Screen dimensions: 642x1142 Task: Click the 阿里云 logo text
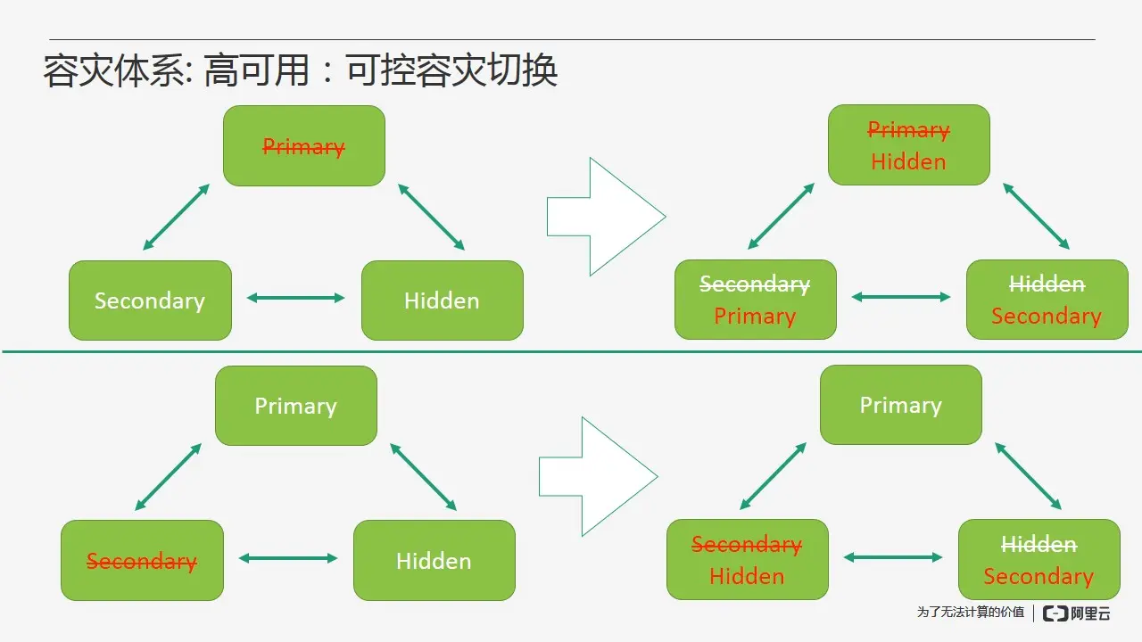pyautogui.click(x=1090, y=613)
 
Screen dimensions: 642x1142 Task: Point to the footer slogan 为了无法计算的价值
pyautogui.click(x=971, y=613)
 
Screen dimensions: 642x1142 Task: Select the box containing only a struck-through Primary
pyautogui.click(x=303, y=146)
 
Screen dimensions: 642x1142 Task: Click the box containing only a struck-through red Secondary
pyautogui.click(x=142, y=561)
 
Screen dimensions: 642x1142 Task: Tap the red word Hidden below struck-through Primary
pyautogui.click(x=908, y=161)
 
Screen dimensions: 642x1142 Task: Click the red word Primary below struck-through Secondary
pyautogui.click(x=755, y=317)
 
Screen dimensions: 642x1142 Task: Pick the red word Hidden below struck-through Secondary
pyautogui.click(x=747, y=576)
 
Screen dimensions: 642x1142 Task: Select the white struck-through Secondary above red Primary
pyautogui.click(x=755, y=284)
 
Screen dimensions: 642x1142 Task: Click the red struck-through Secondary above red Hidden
pyautogui.click(x=747, y=544)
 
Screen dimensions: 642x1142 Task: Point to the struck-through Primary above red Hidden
pyautogui.click(x=908, y=130)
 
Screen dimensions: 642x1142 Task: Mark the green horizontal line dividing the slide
pyautogui.click(x=571, y=351)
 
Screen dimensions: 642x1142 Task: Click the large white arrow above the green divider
pyautogui.click(x=606, y=217)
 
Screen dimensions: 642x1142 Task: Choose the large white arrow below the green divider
pyautogui.click(x=598, y=476)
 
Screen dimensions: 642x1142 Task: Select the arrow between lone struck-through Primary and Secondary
pyautogui.click(x=176, y=217)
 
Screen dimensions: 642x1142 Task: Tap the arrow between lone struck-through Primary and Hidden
pyautogui.click(x=432, y=217)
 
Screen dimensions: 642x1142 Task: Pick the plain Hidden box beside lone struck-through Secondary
pyautogui.click(x=434, y=561)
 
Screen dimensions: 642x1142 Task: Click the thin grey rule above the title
pyautogui.click(x=571, y=39)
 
